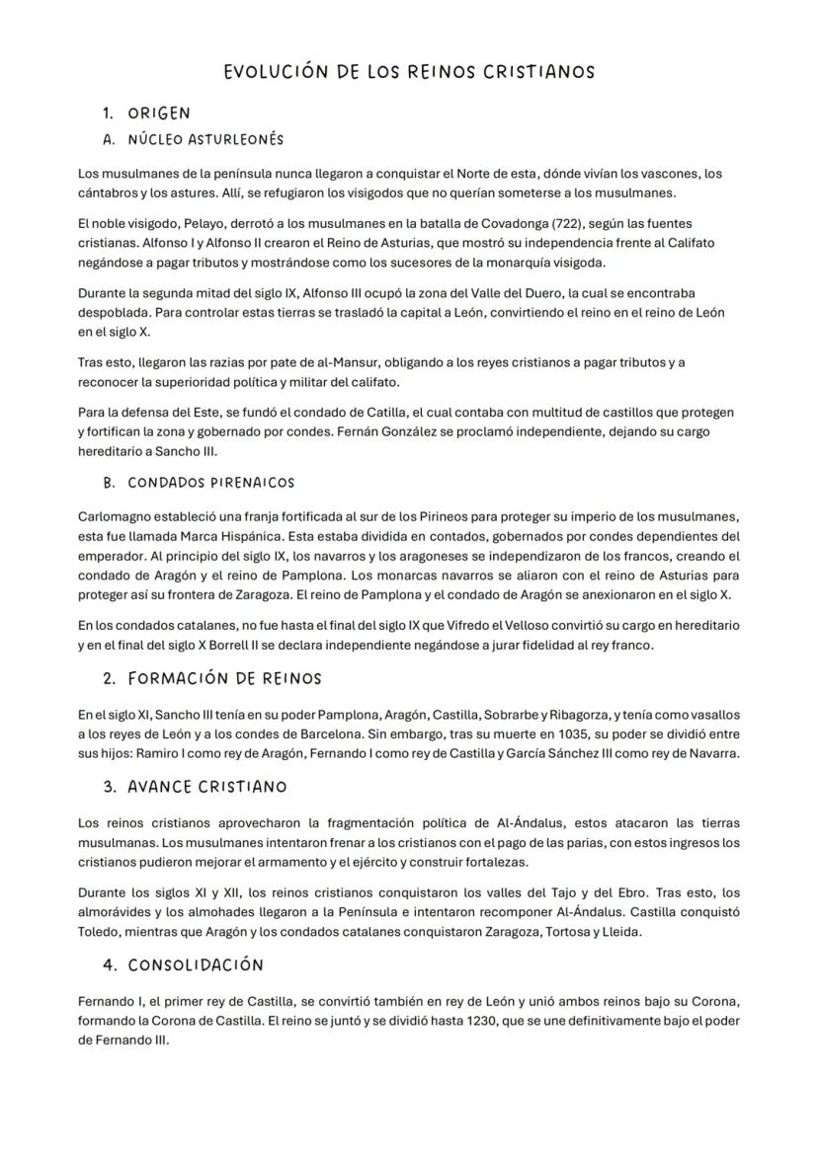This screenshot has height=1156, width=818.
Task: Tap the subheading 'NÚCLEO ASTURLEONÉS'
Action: tap(205, 139)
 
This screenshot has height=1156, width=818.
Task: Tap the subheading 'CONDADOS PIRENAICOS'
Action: tap(211, 483)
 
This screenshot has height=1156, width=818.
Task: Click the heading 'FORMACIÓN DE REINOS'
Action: tap(225, 679)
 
